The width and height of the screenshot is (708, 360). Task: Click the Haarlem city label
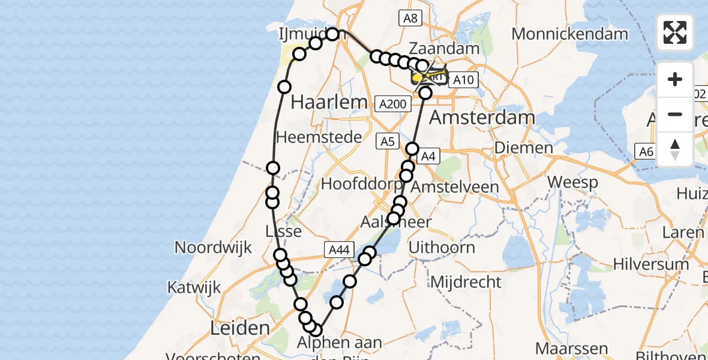(x=329, y=102)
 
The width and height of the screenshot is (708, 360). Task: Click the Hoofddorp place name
(x=362, y=183)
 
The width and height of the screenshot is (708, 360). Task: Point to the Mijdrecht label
(x=466, y=281)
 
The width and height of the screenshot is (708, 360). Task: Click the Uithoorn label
(x=442, y=247)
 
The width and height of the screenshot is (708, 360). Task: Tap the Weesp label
(x=572, y=182)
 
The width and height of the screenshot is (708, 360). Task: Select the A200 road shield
(x=394, y=104)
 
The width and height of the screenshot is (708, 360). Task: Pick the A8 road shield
(x=410, y=18)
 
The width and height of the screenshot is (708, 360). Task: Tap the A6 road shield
(x=646, y=152)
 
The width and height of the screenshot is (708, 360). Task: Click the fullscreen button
(x=675, y=32)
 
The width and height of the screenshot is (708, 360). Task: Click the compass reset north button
(x=675, y=149)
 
